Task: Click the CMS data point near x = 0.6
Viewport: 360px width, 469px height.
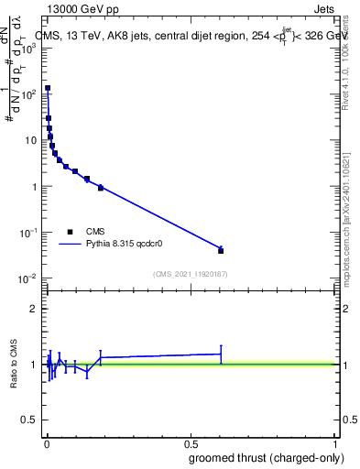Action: point(221,250)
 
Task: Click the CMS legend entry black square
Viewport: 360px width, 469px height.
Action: point(69,232)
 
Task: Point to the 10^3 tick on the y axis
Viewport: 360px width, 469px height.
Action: point(42,48)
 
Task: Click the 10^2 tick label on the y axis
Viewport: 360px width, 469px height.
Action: point(29,93)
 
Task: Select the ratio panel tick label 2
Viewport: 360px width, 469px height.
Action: point(34,308)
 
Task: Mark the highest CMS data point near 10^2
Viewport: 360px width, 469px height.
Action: point(48,88)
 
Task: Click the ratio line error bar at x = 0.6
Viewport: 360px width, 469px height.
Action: point(221,354)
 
